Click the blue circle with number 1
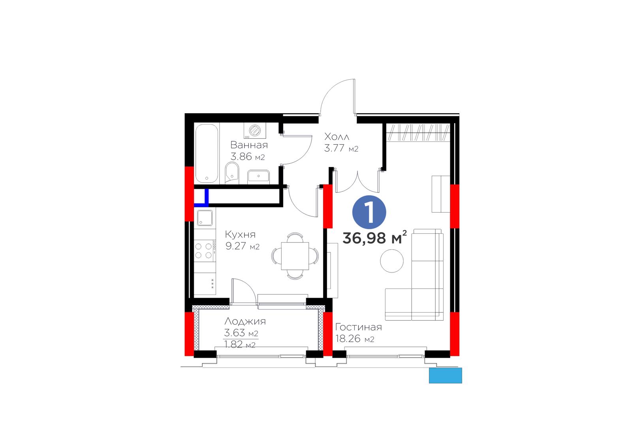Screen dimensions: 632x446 pos(369,212)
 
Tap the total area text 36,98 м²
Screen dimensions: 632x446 pos(375,237)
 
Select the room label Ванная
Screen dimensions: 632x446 pos(249,145)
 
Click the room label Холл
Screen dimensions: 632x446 pos(337,137)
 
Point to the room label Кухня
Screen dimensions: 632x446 pos(240,234)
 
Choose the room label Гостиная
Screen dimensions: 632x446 pos(358,327)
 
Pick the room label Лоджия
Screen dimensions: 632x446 pos(245,321)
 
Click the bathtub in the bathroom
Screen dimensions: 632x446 pos(207,153)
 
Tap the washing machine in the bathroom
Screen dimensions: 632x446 pos(255,131)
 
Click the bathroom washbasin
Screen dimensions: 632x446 pos(258,177)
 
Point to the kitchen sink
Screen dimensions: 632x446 pos(205,218)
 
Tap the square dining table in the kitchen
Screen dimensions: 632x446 pos(295,256)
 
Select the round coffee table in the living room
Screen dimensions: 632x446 pos(391,261)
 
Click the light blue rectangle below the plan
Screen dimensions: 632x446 pos(446,375)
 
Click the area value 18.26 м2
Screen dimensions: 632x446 pos(355,338)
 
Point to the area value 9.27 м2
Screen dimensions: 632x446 pos(243,246)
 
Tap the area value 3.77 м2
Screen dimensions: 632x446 pos(341,148)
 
